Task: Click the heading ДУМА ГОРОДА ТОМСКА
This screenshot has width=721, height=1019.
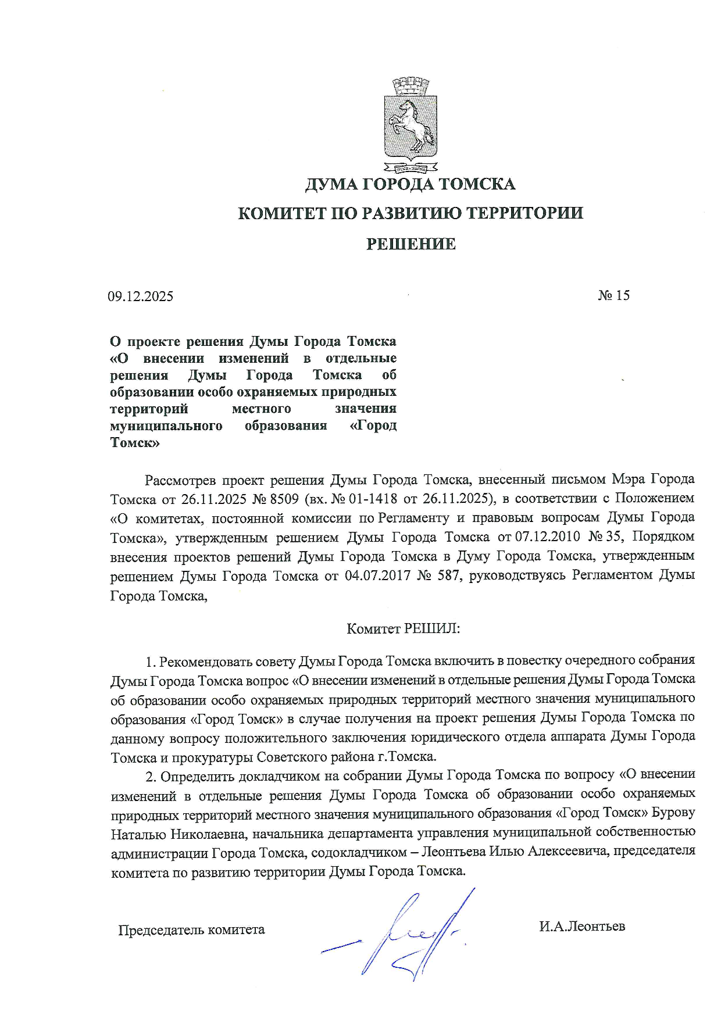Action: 411,184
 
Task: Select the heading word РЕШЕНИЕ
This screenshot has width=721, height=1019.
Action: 411,244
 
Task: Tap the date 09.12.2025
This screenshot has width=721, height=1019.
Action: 140,296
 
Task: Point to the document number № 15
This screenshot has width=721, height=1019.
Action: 613,295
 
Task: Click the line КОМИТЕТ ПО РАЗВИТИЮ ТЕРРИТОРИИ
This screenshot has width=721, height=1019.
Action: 411,213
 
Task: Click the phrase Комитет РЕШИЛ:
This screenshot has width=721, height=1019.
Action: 403,628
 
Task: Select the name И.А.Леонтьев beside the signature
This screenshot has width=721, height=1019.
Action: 581,926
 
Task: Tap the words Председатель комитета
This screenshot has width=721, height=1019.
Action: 191,930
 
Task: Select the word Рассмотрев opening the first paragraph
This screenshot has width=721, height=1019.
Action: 180,480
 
